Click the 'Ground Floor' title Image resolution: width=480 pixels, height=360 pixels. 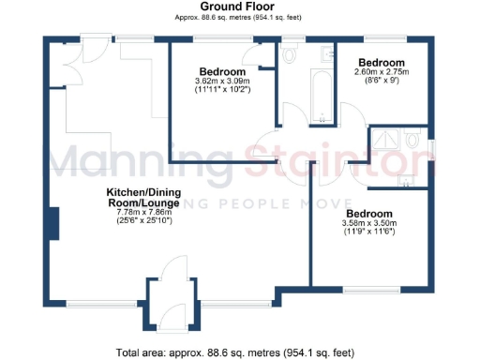[239, 7]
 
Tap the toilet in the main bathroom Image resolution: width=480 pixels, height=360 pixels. [289, 56]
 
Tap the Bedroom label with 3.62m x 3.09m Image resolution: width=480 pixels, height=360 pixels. [222, 72]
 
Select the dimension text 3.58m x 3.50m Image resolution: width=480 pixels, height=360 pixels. [371, 222]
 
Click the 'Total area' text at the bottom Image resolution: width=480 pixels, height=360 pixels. [234, 352]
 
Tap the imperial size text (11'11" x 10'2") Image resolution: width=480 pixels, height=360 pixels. [222, 91]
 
